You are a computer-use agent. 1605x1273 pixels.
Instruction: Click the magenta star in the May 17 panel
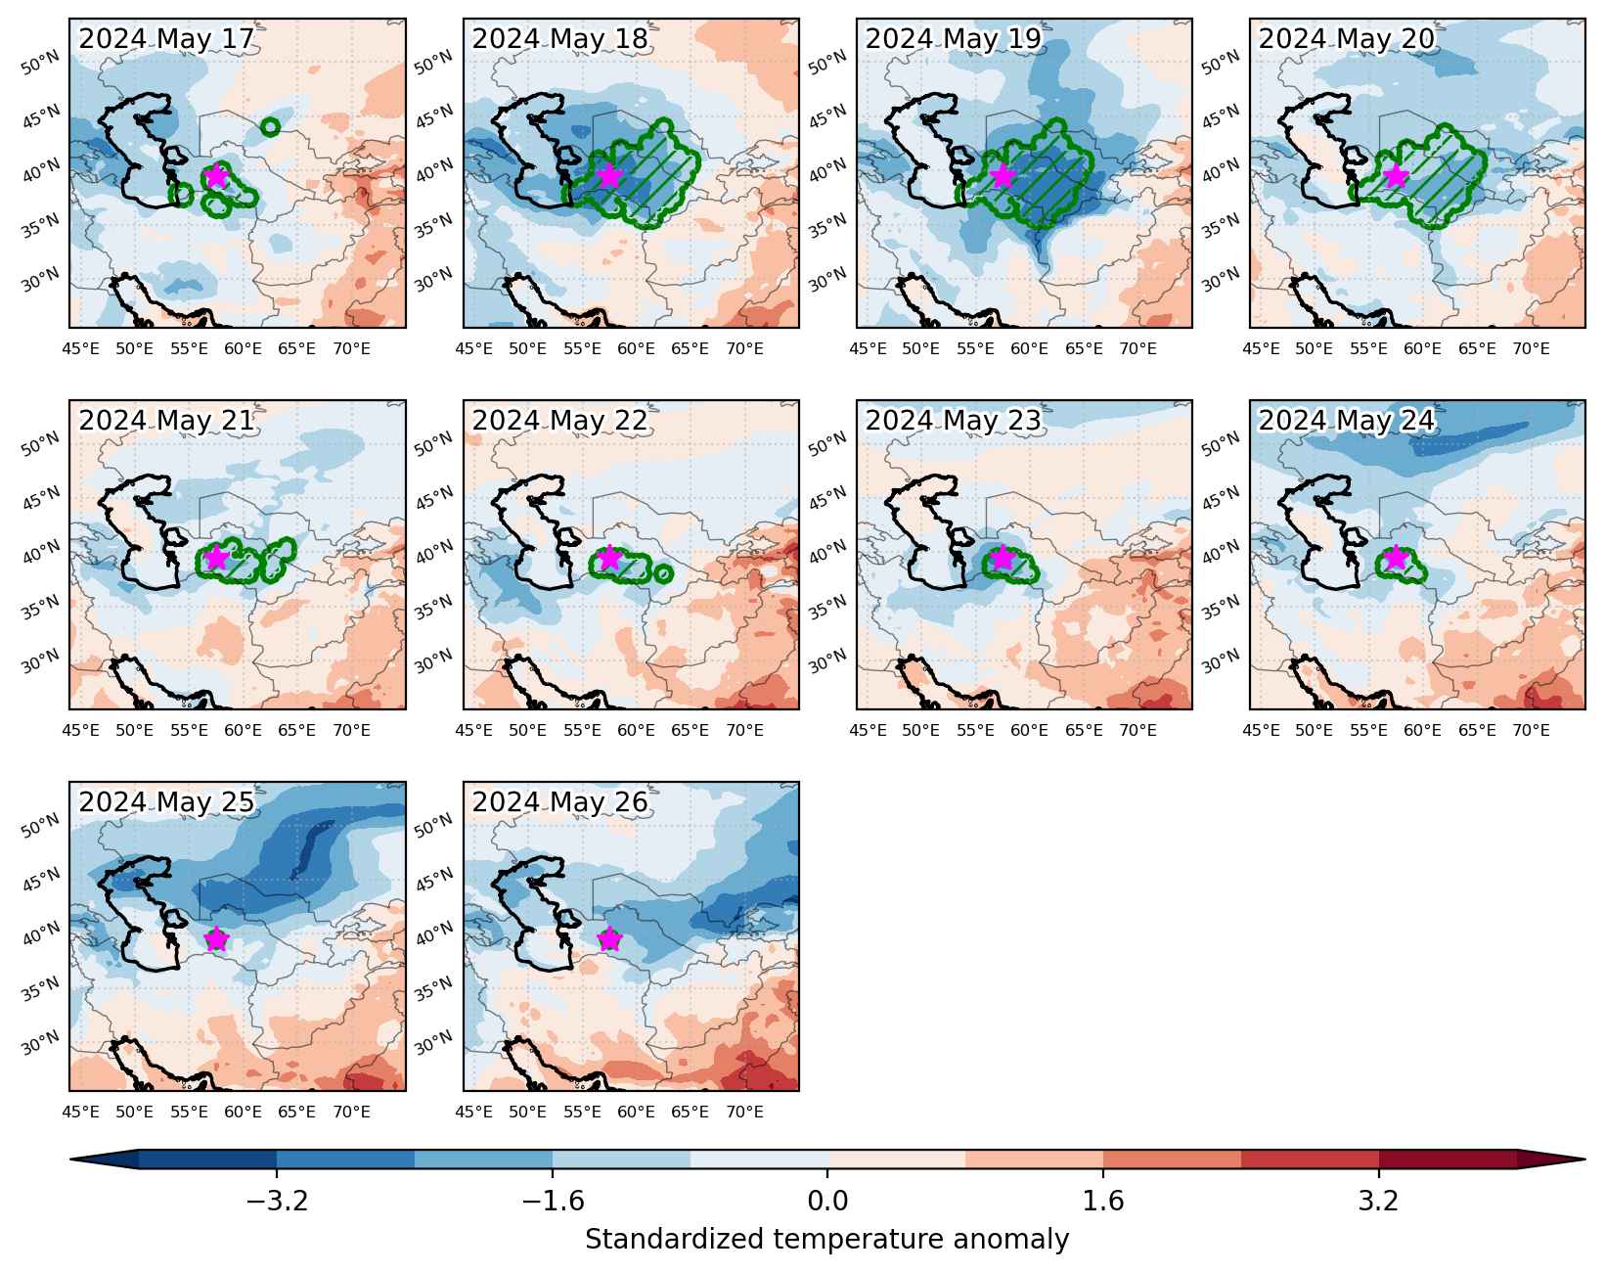pyautogui.click(x=216, y=176)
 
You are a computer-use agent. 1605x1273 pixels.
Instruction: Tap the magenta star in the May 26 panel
pyautogui.click(x=610, y=938)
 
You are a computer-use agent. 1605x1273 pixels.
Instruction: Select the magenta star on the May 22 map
pyautogui.click(x=610, y=558)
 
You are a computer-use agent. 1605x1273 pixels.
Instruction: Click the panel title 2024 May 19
pyautogui.click(x=953, y=39)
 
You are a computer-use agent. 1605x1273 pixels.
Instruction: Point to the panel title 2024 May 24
pyautogui.click(x=1346, y=420)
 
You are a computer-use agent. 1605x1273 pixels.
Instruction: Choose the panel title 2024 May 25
pyautogui.click(x=166, y=801)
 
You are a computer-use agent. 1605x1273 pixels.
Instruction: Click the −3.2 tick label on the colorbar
pyautogui.click(x=277, y=1201)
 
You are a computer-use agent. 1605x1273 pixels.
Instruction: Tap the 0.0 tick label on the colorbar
pyautogui.click(x=827, y=1201)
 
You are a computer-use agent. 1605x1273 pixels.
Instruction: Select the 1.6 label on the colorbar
pyautogui.click(x=1103, y=1201)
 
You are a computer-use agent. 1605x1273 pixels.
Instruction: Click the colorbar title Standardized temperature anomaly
pyautogui.click(x=827, y=1240)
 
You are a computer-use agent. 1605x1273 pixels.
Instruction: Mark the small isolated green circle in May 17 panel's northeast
pyautogui.click(x=271, y=127)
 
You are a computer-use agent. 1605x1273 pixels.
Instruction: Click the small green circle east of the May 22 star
pyautogui.click(x=663, y=573)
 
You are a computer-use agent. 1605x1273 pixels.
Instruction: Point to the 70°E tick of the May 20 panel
pyautogui.click(x=1532, y=348)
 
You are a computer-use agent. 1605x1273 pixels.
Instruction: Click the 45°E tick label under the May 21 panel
pyautogui.click(x=80, y=730)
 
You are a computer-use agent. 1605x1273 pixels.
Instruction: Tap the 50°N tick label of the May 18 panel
pyautogui.click(x=433, y=63)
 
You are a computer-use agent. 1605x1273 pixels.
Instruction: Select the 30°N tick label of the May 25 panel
pyautogui.click(x=39, y=1042)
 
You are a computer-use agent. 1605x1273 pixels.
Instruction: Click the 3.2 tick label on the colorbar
pyautogui.click(x=1378, y=1201)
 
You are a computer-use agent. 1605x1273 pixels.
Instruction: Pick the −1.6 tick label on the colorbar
pyautogui.click(x=553, y=1201)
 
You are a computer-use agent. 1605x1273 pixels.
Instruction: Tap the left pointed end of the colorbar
pyautogui.click(x=70, y=1159)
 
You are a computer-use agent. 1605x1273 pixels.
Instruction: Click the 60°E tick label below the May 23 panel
pyautogui.click(x=1029, y=730)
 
